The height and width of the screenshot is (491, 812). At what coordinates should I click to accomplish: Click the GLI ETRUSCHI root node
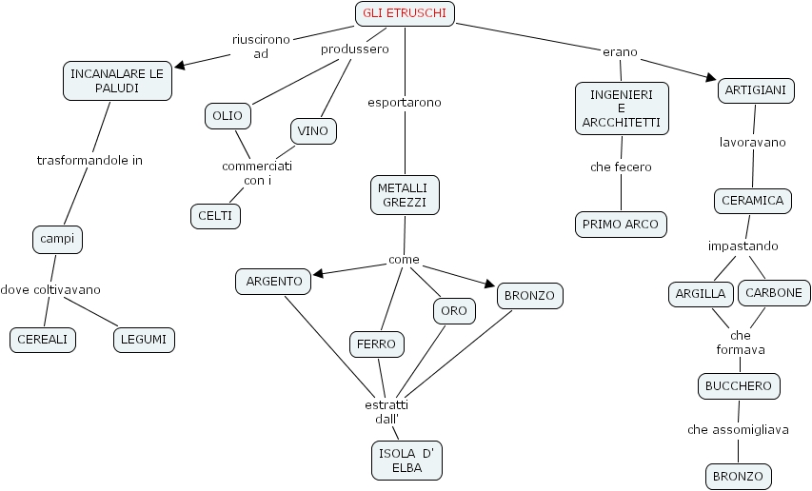(x=405, y=13)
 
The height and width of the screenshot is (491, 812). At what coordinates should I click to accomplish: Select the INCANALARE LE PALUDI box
(x=117, y=81)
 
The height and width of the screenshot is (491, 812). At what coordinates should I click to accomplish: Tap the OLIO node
(x=228, y=116)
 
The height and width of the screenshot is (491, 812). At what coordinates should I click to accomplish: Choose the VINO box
(x=313, y=130)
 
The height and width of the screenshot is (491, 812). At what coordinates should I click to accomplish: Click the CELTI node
(x=215, y=216)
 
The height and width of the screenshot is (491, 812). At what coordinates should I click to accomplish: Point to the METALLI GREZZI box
(x=405, y=194)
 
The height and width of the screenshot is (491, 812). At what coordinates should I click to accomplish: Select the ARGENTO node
(x=274, y=281)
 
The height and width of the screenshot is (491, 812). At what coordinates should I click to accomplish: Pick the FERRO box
(x=377, y=344)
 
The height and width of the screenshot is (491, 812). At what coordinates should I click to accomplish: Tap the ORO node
(x=453, y=310)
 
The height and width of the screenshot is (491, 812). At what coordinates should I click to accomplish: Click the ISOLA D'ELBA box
(x=407, y=460)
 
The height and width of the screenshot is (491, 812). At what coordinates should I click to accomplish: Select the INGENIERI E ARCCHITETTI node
(x=622, y=108)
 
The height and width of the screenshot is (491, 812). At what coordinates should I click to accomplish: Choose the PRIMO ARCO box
(x=621, y=225)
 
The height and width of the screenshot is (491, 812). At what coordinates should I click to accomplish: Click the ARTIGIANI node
(x=755, y=90)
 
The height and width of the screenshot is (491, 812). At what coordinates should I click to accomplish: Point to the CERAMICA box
(x=752, y=201)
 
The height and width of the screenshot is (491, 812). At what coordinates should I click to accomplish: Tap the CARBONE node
(x=774, y=293)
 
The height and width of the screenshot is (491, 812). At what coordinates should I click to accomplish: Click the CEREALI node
(x=43, y=339)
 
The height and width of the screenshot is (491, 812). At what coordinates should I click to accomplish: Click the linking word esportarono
(x=405, y=102)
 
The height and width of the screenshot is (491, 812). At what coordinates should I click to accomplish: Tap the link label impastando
(x=743, y=245)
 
